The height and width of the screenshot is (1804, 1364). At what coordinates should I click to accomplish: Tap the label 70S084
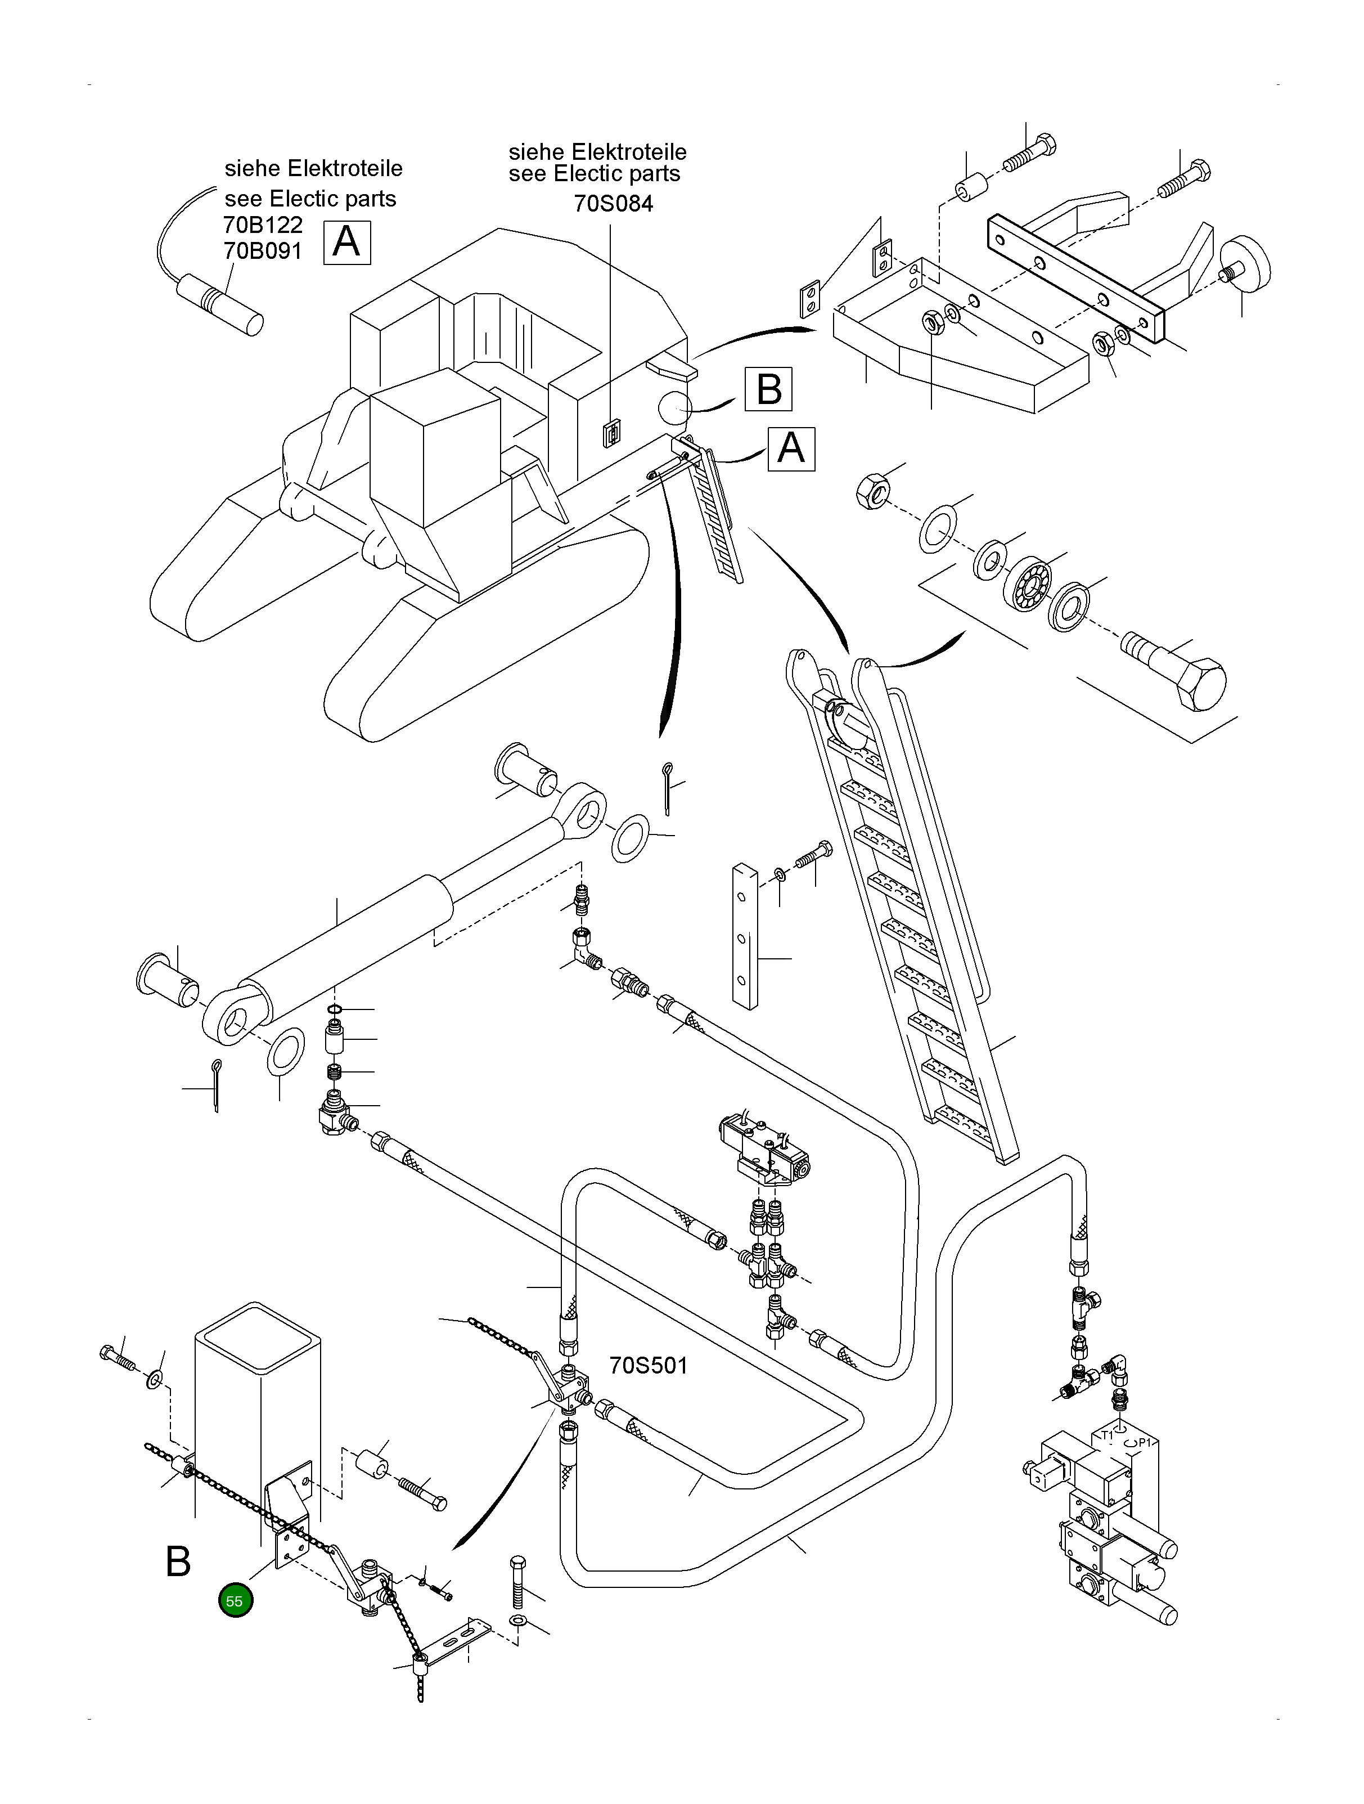click(613, 203)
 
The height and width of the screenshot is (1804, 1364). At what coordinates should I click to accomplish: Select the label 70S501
click(648, 1365)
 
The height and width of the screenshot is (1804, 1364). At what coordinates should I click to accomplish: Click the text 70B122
click(263, 225)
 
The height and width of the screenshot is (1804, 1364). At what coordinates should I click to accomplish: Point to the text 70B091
click(263, 251)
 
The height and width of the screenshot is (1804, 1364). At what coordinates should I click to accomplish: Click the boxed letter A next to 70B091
click(346, 242)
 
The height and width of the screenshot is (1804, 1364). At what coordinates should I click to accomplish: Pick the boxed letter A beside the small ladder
click(791, 448)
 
